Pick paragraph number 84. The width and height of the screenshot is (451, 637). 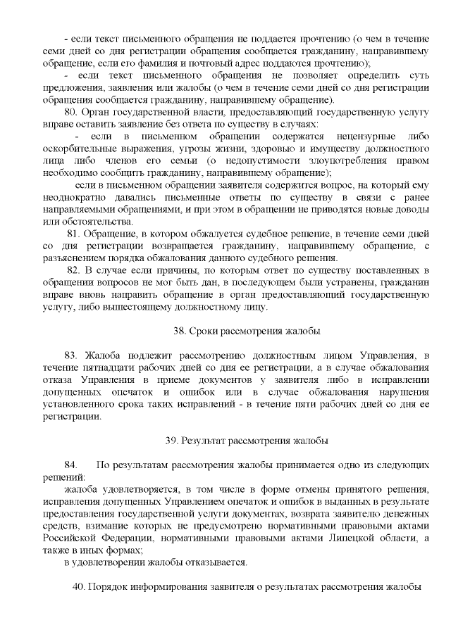(x=70, y=465)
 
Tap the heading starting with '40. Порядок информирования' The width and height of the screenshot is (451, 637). (x=247, y=587)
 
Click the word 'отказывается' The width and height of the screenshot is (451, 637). (x=218, y=563)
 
